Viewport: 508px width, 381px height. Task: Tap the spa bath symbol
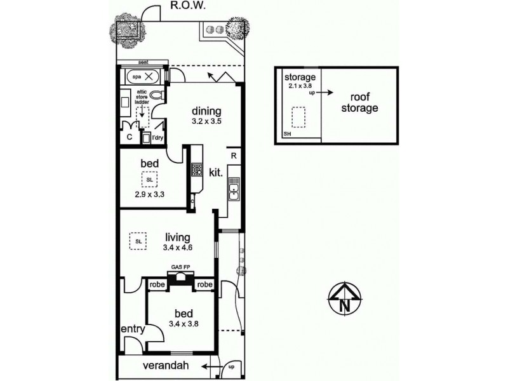click(143, 76)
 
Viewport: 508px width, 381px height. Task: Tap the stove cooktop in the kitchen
click(196, 170)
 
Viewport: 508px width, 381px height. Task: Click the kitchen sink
click(234, 190)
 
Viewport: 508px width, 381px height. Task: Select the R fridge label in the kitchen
click(234, 155)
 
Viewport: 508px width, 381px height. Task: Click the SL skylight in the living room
click(138, 241)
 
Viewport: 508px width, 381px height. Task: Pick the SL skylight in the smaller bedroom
click(149, 180)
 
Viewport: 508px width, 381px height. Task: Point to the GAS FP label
click(180, 267)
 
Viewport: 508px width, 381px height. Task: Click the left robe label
click(157, 285)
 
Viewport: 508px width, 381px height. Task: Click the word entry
click(132, 330)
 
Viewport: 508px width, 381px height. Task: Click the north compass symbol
click(344, 297)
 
